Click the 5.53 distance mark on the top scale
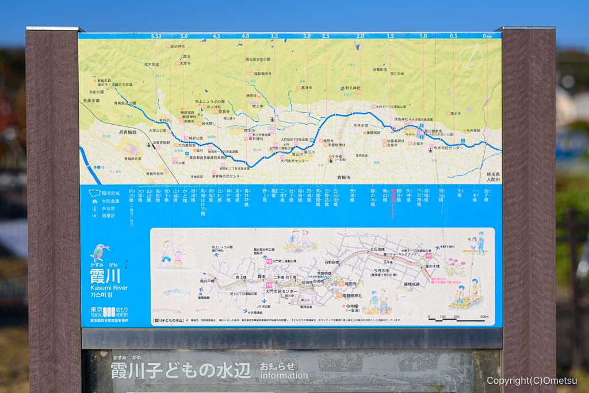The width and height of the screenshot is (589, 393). pyautogui.click(x=156, y=36)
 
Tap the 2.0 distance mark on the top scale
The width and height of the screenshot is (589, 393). pyautogui.click(x=360, y=36)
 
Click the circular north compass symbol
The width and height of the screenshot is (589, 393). pyautogui.click(x=472, y=56)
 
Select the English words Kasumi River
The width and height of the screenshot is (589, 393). pyautogui.click(x=109, y=287)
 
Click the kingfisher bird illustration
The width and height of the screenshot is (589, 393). pyautogui.click(x=100, y=252)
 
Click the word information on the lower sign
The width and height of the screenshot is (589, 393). pyautogui.click(x=284, y=376)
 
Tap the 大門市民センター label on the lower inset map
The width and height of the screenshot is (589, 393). pyautogui.click(x=282, y=292)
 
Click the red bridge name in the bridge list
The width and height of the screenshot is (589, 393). pyautogui.click(x=393, y=201)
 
